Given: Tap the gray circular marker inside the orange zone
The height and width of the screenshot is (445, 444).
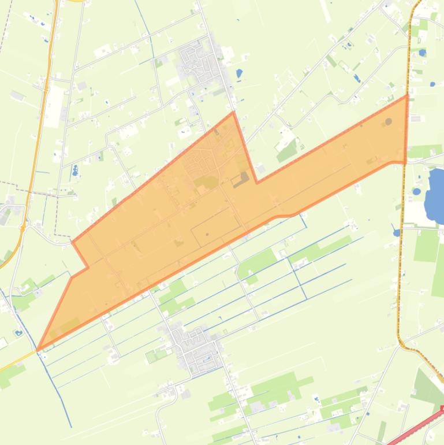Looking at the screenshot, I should (389, 121).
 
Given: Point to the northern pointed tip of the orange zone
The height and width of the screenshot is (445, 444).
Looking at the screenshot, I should (233, 113).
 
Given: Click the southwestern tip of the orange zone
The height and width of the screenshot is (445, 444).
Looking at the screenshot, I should (38, 350).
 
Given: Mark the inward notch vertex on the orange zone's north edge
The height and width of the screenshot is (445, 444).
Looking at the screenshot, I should (257, 182).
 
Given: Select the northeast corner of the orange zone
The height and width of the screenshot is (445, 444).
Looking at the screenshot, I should (407, 97).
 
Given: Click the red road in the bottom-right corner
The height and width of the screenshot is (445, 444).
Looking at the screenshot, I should (416, 428).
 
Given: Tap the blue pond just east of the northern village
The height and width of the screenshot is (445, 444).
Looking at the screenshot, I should (240, 74).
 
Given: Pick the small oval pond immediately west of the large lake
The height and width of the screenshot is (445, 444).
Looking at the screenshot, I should (417, 191).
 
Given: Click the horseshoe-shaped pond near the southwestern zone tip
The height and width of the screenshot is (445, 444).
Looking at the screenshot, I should (18, 332).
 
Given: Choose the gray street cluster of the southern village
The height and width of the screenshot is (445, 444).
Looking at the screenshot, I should (196, 347).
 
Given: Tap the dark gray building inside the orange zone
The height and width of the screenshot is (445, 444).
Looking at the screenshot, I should (241, 179).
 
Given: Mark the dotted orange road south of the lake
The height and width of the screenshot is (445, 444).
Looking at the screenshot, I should (399, 277).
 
